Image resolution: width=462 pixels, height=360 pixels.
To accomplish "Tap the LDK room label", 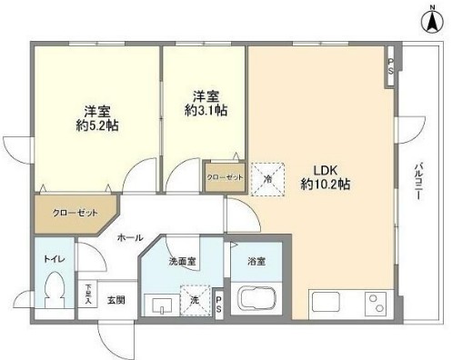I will tap(326, 169).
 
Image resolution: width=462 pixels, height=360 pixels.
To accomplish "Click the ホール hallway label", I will tap(128, 237).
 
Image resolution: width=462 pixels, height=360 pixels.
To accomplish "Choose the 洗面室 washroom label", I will tap(182, 262).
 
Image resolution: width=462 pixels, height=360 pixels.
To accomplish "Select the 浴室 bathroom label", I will tap(256, 262).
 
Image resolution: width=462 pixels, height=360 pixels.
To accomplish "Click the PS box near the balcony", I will tap(391, 66).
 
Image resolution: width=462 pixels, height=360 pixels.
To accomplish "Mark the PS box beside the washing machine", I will tap(220, 304).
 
